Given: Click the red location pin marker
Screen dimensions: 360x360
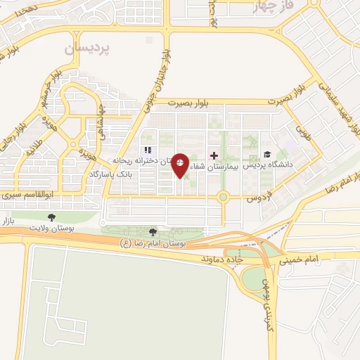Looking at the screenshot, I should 181,165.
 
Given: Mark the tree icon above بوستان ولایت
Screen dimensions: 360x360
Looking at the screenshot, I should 51,217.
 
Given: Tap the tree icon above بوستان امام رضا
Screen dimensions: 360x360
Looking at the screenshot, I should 153,231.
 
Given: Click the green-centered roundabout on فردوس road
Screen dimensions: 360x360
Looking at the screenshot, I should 224,198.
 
